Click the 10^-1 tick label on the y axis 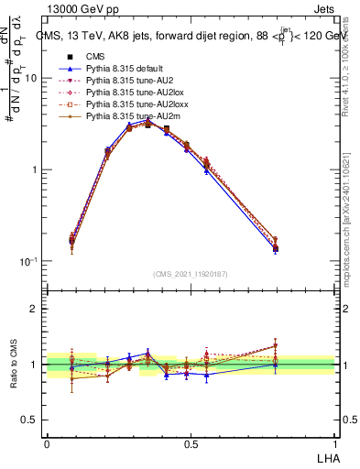[29, 262]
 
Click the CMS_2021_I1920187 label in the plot [191, 274]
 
